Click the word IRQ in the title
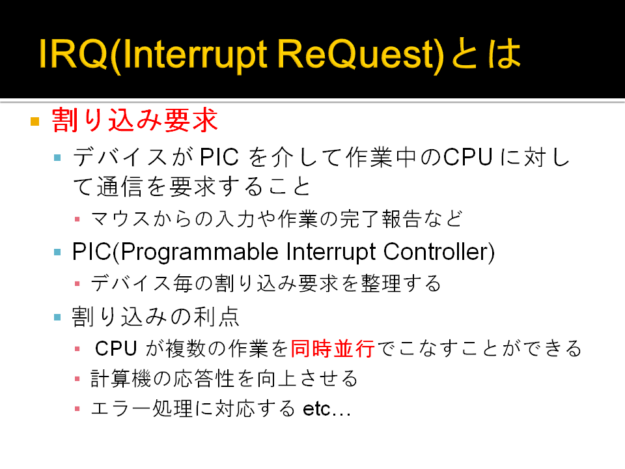click(x=74, y=53)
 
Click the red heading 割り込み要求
click(x=135, y=120)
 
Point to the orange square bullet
click(x=35, y=121)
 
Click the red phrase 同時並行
click(x=333, y=348)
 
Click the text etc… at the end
click(x=327, y=409)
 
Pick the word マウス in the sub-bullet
click(x=120, y=219)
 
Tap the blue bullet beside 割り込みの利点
click(x=57, y=317)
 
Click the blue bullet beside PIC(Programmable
click(x=57, y=252)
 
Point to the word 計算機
click(x=121, y=378)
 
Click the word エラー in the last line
click(x=121, y=409)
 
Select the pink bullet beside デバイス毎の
click(x=77, y=283)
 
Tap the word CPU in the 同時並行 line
click(x=116, y=348)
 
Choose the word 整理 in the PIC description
click(x=381, y=283)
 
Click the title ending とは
click(x=487, y=53)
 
